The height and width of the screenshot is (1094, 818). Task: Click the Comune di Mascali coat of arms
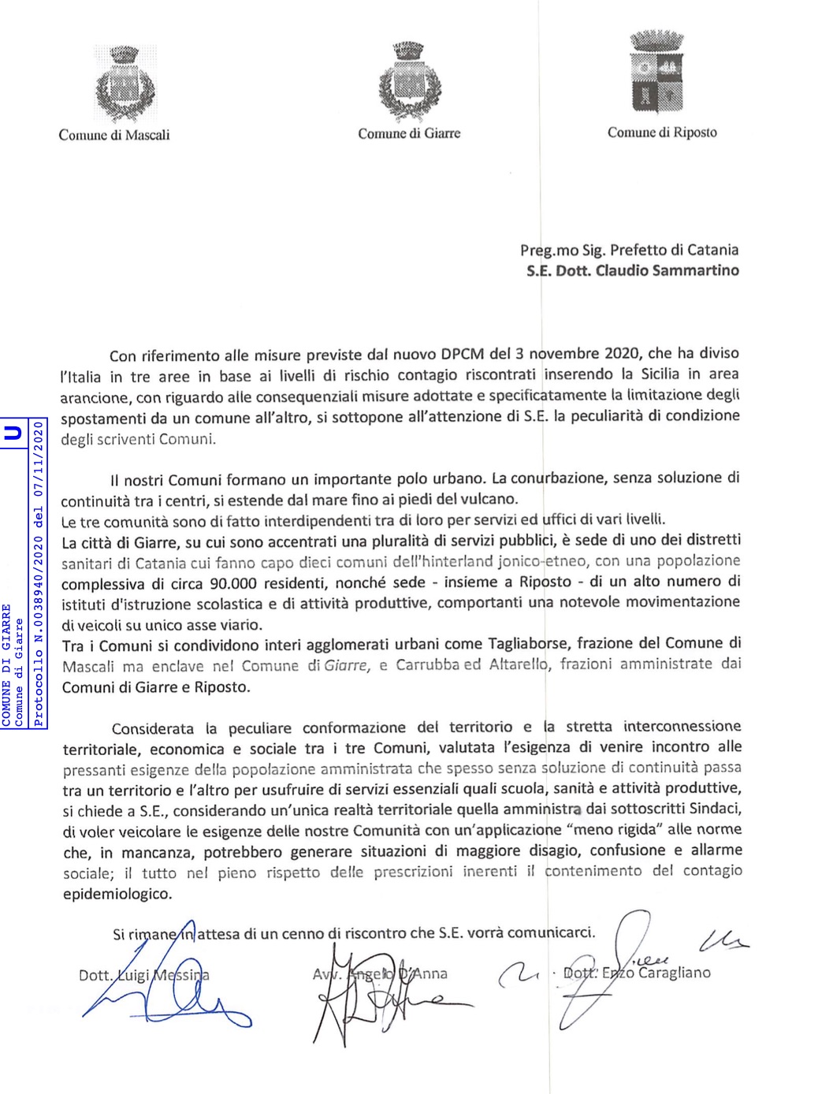click(123, 82)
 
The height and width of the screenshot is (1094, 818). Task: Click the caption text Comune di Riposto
click(662, 132)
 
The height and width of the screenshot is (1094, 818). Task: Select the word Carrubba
click(426, 665)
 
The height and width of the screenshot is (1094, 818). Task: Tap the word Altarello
click(517, 664)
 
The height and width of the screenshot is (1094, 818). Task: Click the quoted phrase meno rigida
click(619, 829)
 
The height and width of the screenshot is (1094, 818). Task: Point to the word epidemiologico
click(117, 894)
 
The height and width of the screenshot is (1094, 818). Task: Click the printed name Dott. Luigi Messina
click(144, 976)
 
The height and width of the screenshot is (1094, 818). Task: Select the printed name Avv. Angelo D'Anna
click(380, 974)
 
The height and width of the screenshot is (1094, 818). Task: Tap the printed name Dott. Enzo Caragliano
click(637, 973)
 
